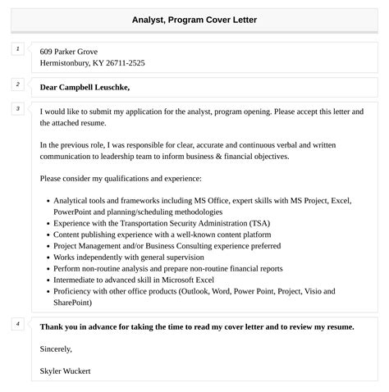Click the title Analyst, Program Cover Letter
(x=194, y=20)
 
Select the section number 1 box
(x=17, y=50)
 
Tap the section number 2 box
(x=17, y=84)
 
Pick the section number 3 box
(x=17, y=109)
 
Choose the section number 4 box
(x=17, y=324)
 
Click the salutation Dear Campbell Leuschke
(x=85, y=87)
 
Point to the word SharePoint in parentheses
(x=71, y=302)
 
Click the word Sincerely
(x=55, y=349)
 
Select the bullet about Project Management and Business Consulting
(x=167, y=245)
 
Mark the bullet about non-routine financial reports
(x=167, y=268)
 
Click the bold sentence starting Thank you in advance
(x=197, y=326)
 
